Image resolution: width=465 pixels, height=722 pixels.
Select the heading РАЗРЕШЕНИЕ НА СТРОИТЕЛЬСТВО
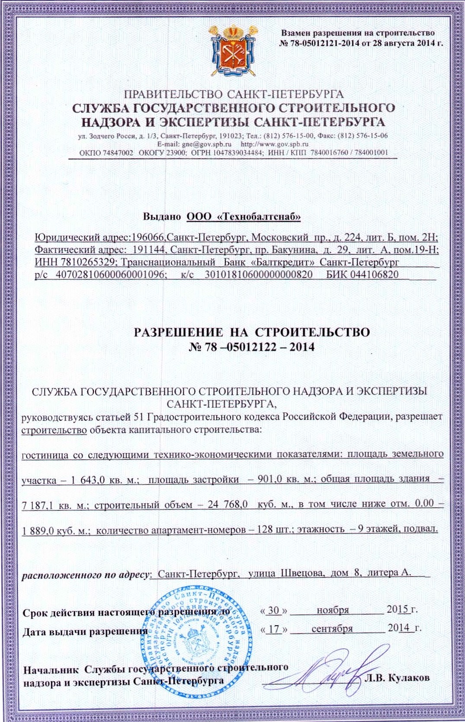pyautogui.click(x=252, y=332)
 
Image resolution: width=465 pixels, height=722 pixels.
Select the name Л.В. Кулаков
pyautogui.click(x=397, y=677)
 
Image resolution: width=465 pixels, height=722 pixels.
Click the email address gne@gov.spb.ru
pyautogui.click(x=207, y=144)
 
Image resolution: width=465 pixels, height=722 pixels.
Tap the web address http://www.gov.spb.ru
pyautogui.click(x=274, y=144)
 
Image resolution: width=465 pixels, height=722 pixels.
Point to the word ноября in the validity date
pyautogui.click(x=333, y=610)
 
